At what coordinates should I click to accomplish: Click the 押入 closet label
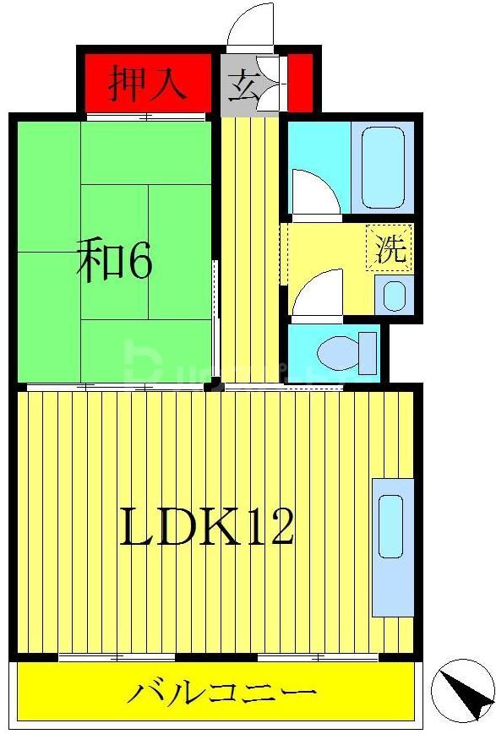pyautogui.click(x=147, y=84)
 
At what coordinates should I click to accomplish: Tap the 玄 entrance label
pyautogui.click(x=244, y=85)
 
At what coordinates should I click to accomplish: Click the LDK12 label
pyautogui.click(x=207, y=528)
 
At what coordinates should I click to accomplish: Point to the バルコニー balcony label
pyautogui.click(x=222, y=694)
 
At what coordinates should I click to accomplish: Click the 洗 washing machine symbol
pyautogui.click(x=390, y=249)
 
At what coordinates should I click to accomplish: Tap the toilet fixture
pyautogui.click(x=352, y=351)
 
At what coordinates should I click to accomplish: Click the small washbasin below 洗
pyautogui.click(x=394, y=295)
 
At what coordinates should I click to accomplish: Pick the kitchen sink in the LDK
pyautogui.click(x=391, y=526)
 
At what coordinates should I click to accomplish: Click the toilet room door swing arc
pyautogui.click(x=316, y=292)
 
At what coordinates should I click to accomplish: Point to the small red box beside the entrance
pyautogui.click(x=298, y=82)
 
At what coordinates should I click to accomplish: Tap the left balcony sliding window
pyautogui.click(x=117, y=656)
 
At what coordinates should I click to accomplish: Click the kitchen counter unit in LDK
pyautogui.click(x=392, y=546)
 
